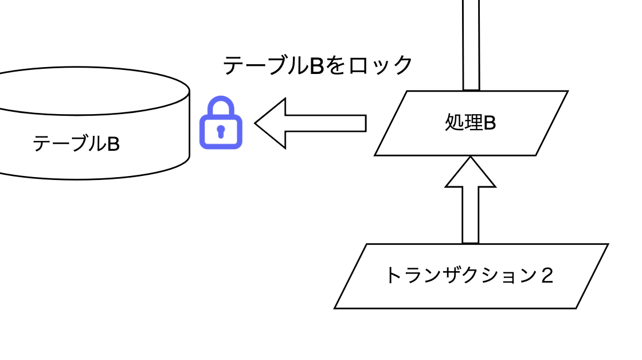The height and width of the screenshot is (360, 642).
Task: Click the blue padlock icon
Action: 221,124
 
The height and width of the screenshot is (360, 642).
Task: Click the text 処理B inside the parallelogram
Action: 470,123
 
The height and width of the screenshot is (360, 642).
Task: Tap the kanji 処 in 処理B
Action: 454,123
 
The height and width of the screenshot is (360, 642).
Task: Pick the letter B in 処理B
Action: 489,123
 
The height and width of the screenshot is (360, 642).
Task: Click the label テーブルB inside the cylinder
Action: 76,144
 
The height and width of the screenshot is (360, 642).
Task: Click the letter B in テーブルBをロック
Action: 318,65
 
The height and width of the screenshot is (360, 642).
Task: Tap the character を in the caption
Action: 336,65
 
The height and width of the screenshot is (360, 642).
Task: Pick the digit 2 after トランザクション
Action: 546,276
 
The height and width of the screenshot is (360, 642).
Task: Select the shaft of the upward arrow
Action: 471,215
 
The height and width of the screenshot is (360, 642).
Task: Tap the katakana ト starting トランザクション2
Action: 393,276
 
